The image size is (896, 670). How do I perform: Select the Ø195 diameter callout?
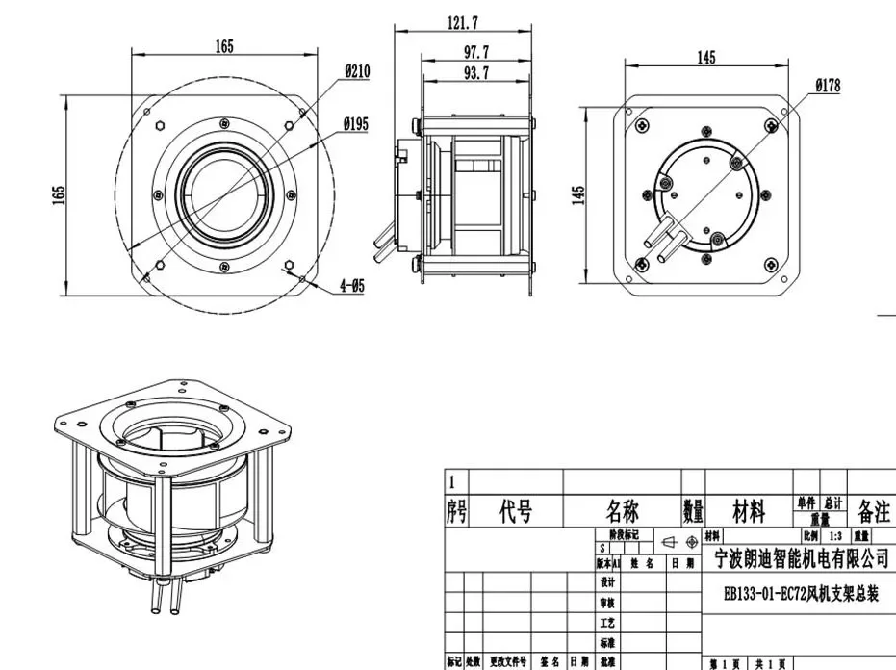pyautogui.click(x=357, y=124)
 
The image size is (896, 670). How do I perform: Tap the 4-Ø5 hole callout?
pyautogui.click(x=351, y=286)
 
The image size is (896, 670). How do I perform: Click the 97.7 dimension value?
pyautogui.click(x=475, y=51)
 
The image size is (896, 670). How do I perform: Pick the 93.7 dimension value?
pyautogui.click(x=475, y=72)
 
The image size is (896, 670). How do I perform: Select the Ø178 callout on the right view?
pyautogui.click(x=827, y=86)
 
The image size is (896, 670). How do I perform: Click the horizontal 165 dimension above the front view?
pyautogui.click(x=224, y=46)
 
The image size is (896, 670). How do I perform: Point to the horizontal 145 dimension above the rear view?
pyautogui.click(x=705, y=58)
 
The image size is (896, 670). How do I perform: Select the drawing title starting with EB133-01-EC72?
pyautogui.click(x=801, y=595)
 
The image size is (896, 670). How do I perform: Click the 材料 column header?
pyautogui.click(x=749, y=511)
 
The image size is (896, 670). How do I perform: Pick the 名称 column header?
pyautogui.click(x=622, y=511)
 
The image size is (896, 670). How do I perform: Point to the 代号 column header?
pyautogui.click(x=515, y=511)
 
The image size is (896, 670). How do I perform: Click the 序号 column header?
pyautogui.click(x=456, y=511)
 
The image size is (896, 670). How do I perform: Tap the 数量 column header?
pyautogui.click(x=693, y=511)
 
